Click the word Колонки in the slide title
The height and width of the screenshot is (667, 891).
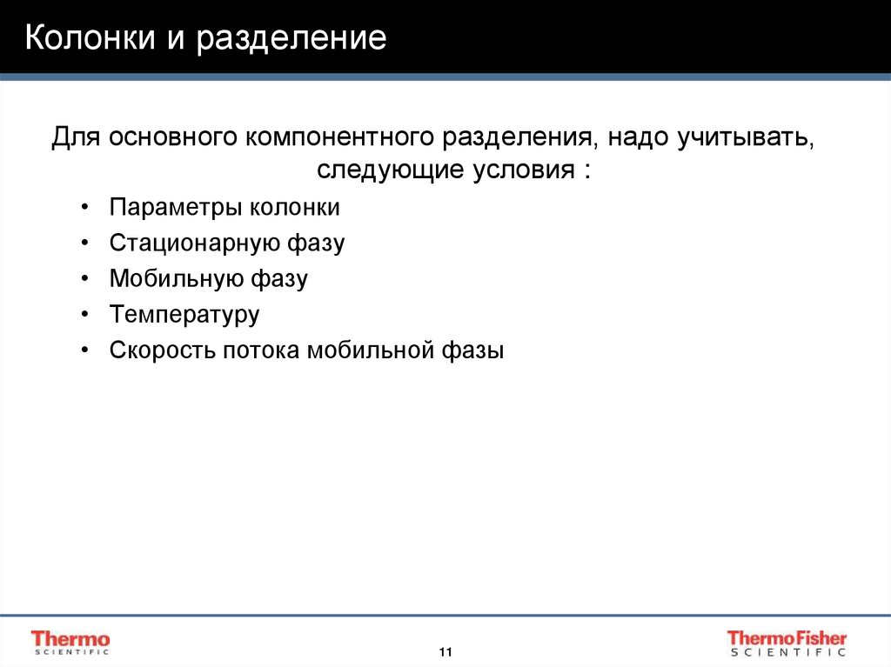[82, 39]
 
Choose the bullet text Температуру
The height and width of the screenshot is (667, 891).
[184, 315]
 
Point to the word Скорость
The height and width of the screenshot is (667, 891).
[161, 350]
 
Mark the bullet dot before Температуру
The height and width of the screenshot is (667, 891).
[84, 314]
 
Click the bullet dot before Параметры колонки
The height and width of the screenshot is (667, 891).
[84, 207]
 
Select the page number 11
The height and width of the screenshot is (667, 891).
[445, 652]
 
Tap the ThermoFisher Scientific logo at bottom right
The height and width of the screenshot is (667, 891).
[787, 642]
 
